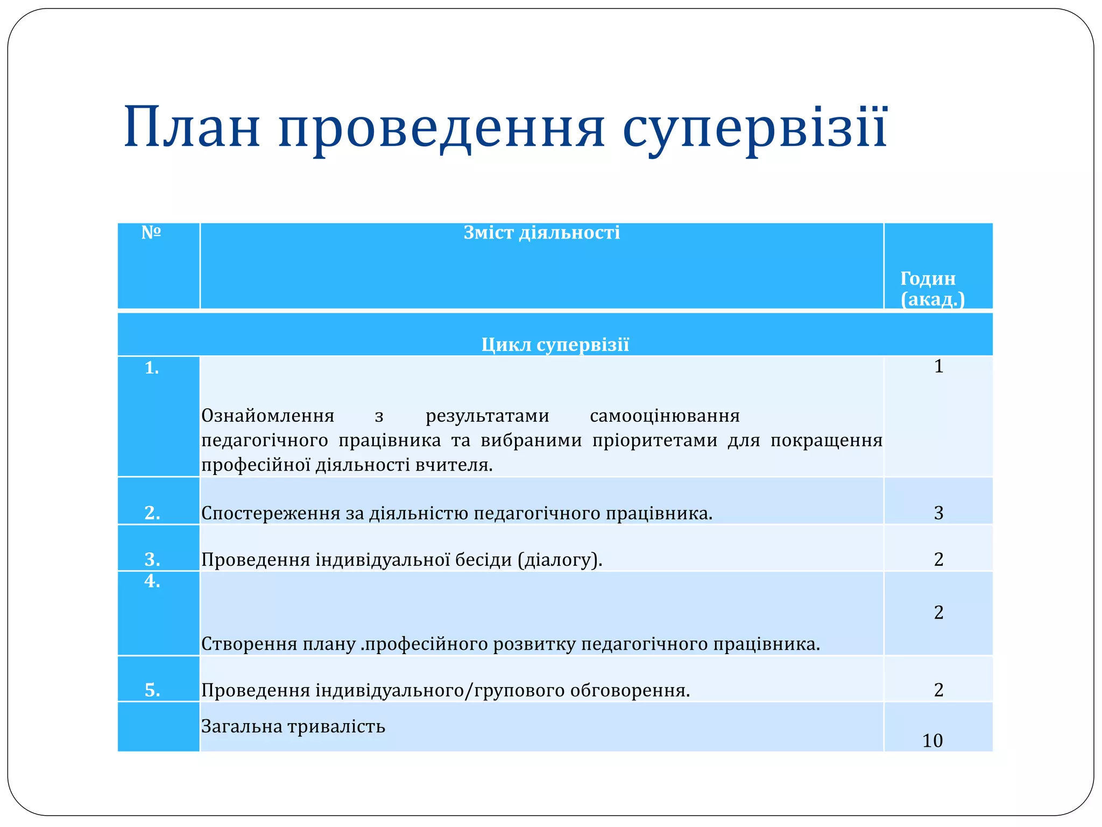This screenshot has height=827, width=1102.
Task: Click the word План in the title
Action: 192,128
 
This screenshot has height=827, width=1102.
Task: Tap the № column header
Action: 151,233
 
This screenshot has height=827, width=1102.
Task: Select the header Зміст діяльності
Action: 541,233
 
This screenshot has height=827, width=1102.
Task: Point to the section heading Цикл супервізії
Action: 555,345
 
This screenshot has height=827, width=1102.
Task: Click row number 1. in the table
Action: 152,368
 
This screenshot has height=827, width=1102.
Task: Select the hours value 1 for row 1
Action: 938,367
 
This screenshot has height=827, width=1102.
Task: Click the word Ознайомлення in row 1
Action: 267,416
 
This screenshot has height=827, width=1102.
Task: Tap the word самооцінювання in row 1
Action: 665,416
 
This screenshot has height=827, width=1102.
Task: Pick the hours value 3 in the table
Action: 938,513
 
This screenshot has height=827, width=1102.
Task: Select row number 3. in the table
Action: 152,560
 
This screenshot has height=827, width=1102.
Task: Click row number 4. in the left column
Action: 152,581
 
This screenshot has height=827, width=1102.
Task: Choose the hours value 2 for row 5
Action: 938,690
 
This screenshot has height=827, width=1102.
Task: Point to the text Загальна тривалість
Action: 293,726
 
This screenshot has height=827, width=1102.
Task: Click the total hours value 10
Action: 933,741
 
